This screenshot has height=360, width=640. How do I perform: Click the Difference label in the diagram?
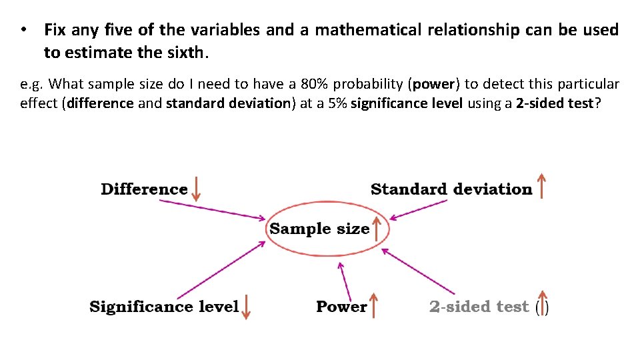[x=144, y=189]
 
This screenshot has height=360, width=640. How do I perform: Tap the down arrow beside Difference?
[x=196, y=189]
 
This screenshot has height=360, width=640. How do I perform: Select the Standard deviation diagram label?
[x=451, y=189]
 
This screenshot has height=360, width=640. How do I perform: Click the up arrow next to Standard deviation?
[x=541, y=186]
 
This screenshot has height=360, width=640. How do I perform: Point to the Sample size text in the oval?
[x=319, y=229]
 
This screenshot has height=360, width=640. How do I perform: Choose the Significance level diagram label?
[x=164, y=307]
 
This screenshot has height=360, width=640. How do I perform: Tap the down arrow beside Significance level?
[x=246, y=307]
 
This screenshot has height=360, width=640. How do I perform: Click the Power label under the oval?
[x=341, y=307]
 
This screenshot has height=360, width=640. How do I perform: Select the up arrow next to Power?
[x=374, y=305]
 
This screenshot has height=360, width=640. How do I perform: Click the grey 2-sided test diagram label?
[x=479, y=307]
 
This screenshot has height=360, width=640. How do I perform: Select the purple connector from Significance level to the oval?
[x=221, y=269]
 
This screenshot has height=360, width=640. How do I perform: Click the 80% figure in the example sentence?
[x=314, y=85]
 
